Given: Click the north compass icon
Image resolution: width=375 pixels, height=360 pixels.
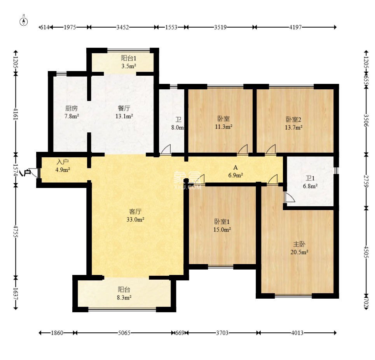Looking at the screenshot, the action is tap(23, 21).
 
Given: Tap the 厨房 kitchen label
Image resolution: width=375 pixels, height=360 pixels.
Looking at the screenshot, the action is tap(72, 108).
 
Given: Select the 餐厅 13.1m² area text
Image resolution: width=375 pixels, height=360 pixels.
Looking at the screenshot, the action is tap(124, 112).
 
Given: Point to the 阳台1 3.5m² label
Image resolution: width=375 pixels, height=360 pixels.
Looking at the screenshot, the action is tap(129, 62).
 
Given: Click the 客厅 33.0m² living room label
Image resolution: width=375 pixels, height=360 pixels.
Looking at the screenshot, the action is tap(135, 216).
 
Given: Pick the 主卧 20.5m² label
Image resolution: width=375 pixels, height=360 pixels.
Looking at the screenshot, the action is tap(299, 248).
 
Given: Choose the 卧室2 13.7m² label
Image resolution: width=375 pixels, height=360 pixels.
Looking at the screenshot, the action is tap(293, 123).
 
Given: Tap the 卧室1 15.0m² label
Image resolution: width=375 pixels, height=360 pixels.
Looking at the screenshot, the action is tap(222, 225).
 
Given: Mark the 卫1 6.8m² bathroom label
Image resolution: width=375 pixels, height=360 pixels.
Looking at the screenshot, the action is tap(310, 182).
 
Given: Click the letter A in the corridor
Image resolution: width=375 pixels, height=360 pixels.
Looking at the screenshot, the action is tap(235, 167).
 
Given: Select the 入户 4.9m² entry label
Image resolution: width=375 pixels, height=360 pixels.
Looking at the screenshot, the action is tap(63, 166).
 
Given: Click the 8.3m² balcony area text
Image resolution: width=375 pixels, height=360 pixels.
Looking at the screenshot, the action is tap(124, 297).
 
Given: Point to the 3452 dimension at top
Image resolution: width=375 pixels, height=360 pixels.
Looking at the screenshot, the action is tap(122, 27).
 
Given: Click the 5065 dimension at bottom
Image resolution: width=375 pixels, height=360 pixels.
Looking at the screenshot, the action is tap(124, 333).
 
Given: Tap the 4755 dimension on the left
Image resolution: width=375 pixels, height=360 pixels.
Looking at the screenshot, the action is tap(16, 231).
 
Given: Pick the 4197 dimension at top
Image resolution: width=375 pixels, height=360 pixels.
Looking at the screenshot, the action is tap(295, 27).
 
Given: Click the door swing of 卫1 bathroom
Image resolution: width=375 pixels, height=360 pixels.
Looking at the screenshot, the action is tap(290, 197).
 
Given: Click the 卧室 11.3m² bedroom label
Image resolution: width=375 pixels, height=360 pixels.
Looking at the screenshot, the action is tap(223, 123).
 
